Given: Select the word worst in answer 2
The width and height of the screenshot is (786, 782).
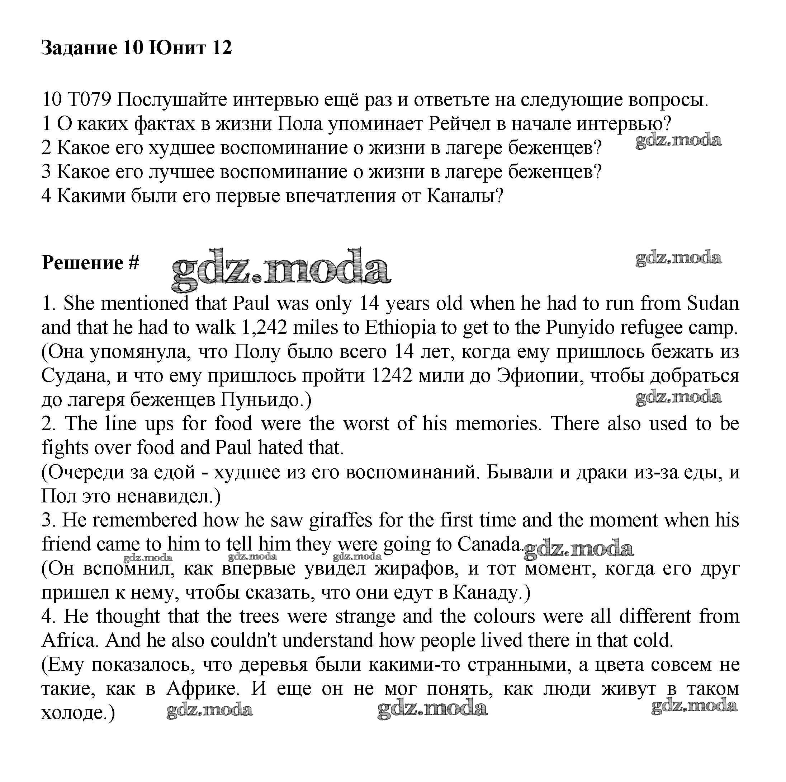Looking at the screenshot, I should coord(366,424).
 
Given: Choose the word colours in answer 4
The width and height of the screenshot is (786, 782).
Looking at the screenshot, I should coord(504,616).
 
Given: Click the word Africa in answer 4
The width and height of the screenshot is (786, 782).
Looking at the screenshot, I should coord(69,640).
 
